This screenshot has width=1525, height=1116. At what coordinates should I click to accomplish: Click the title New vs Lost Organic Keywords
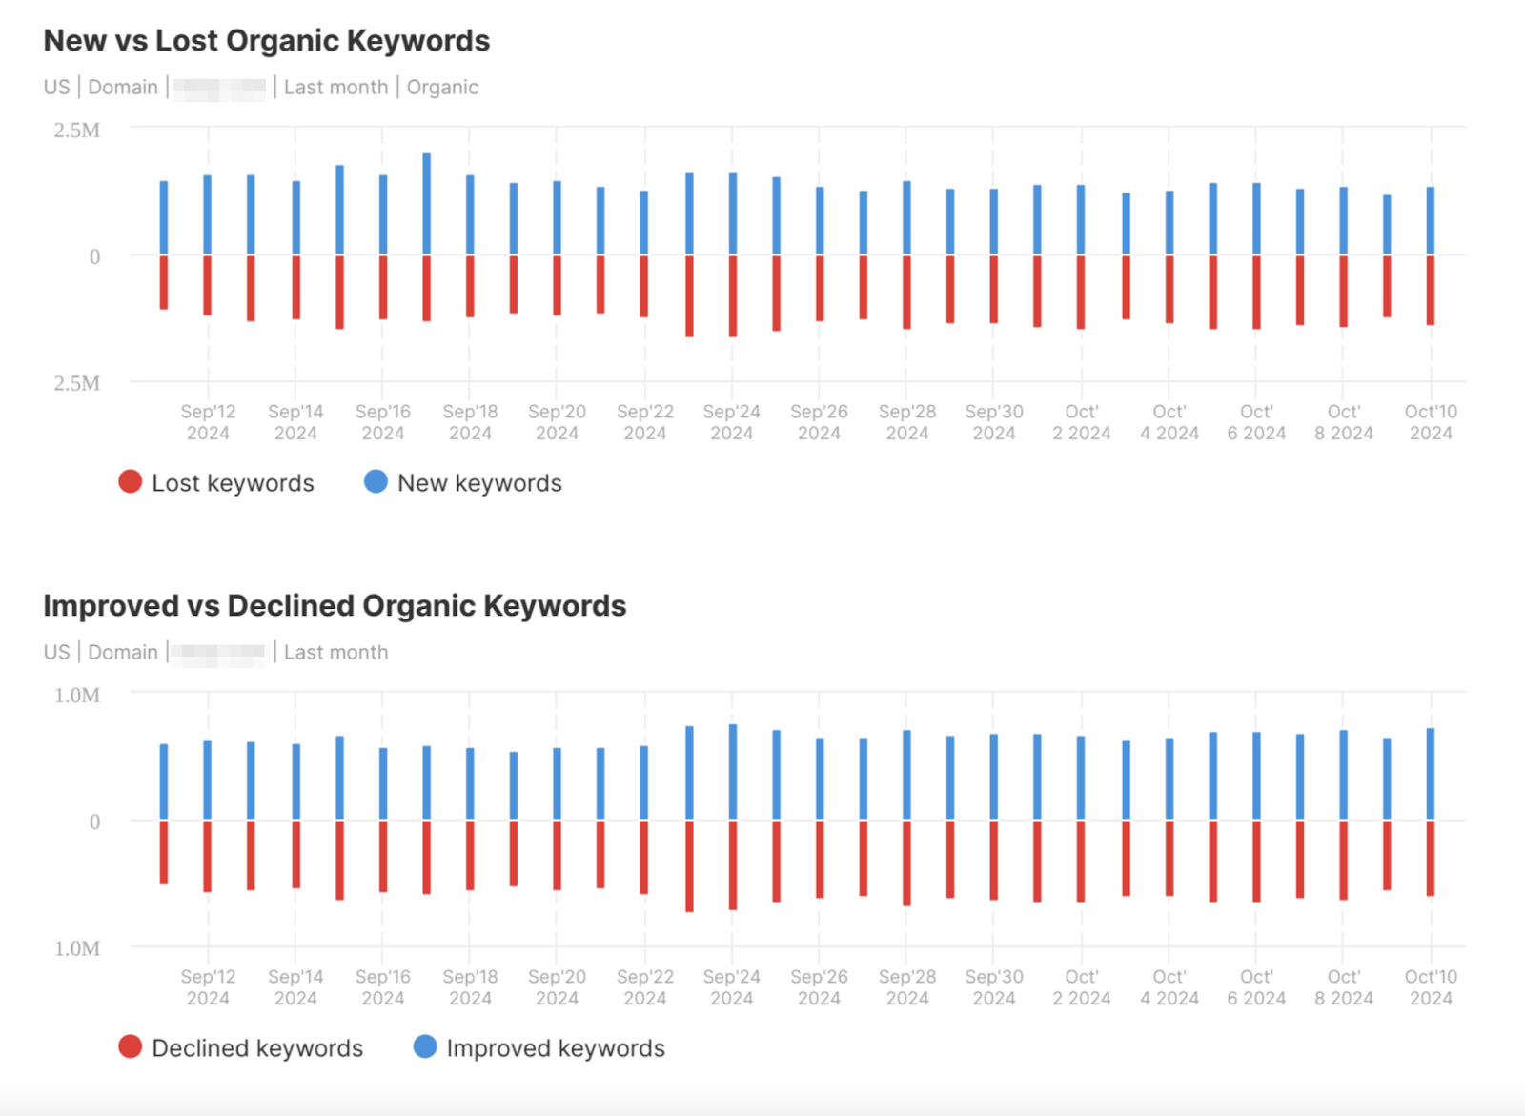tap(266, 41)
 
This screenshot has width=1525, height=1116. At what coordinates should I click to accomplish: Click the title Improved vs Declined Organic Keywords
tap(335, 606)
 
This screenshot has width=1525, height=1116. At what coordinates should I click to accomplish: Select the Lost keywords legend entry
tap(216, 483)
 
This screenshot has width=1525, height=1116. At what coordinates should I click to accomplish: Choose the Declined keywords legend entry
tap(241, 1048)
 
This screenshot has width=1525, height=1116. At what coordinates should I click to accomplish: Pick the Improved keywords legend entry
tap(539, 1048)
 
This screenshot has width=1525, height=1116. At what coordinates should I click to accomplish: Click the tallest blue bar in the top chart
tap(426, 204)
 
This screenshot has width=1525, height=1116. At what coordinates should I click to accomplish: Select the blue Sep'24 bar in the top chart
tap(732, 213)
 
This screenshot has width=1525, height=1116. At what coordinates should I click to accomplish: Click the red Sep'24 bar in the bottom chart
tap(732, 865)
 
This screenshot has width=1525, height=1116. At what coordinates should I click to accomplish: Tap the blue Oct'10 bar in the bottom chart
tap(1430, 774)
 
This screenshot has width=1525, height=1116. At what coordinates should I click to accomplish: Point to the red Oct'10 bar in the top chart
tap(1430, 291)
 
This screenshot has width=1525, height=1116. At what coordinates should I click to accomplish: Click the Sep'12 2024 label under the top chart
tap(208, 422)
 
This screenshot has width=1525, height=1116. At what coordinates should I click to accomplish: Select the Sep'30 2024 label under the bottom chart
tap(993, 987)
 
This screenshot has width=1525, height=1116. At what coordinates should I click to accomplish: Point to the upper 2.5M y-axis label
tap(76, 131)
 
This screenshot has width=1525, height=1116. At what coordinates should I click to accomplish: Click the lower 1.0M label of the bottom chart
tap(76, 949)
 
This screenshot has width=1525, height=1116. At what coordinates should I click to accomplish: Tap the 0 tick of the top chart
tap(94, 256)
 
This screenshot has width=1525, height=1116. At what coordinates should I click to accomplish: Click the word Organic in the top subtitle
tap(442, 88)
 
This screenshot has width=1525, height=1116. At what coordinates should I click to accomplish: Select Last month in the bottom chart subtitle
tap(335, 653)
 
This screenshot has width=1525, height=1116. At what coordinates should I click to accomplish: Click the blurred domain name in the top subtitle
tap(219, 89)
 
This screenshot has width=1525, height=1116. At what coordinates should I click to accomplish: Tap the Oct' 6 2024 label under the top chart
tap(1255, 422)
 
